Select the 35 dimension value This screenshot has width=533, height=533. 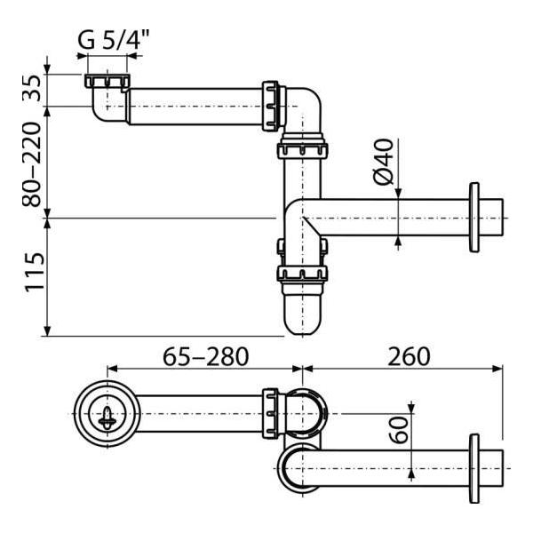(34, 91)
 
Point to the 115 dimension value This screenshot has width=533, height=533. (34, 277)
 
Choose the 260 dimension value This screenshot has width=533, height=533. (408, 356)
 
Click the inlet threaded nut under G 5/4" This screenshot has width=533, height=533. (106, 82)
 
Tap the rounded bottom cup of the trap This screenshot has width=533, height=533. (301, 313)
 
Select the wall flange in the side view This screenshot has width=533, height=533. (475, 219)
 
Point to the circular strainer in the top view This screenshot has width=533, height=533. (107, 414)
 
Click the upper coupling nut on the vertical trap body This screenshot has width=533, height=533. (301, 146)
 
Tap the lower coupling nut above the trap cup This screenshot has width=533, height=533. (301, 274)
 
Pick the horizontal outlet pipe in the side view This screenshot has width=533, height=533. (391, 219)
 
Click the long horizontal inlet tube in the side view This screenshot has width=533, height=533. (195, 106)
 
